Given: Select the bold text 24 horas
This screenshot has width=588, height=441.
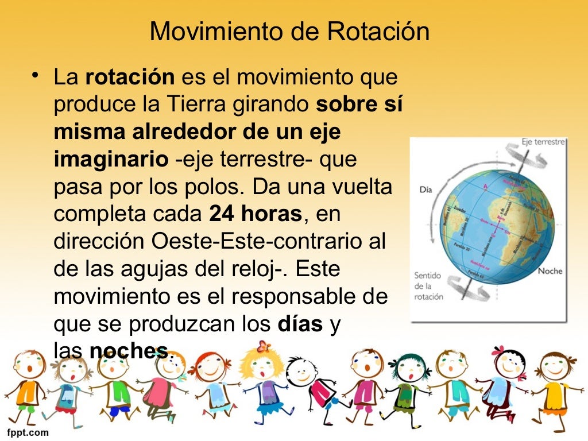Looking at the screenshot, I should (256, 214).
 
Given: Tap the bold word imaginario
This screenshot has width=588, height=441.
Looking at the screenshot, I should (111, 160).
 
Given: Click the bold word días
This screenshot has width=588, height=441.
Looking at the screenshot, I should (299, 324).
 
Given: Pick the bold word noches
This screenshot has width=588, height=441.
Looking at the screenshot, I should (129, 351).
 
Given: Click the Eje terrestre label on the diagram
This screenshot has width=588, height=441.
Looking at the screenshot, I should (543, 141).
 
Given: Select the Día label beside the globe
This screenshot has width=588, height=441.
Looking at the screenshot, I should (425, 189).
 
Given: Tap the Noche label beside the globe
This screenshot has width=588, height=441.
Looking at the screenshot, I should (550, 271).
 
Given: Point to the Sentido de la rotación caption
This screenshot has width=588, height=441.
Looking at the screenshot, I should (428, 286).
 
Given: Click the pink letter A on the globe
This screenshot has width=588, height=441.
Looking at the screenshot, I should (486, 187).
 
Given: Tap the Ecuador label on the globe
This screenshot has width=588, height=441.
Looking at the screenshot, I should (460, 208).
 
